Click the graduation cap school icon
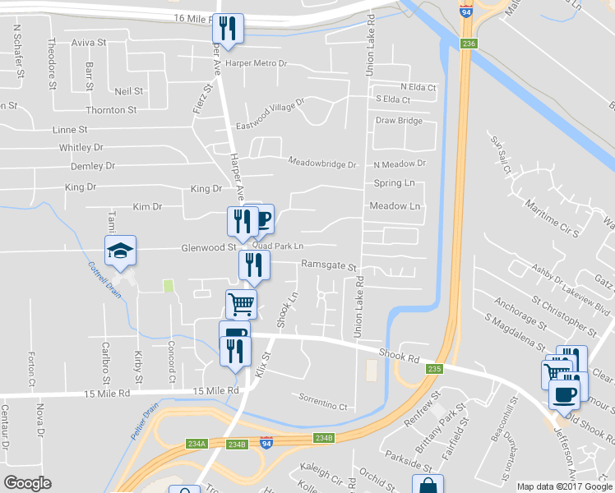[x=120, y=251]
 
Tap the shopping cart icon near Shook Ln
[x=241, y=304]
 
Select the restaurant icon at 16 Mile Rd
[x=227, y=30]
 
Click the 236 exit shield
[x=469, y=44]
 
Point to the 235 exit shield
[x=435, y=369]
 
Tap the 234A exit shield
[x=196, y=444]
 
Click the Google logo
[x=27, y=482]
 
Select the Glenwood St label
[x=209, y=246]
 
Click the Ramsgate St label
[x=329, y=267]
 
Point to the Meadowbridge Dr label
[x=322, y=164]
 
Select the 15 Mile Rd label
[x=215, y=391]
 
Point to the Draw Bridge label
[x=399, y=121]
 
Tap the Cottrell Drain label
[x=104, y=281]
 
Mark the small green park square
[x=169, y=286]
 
